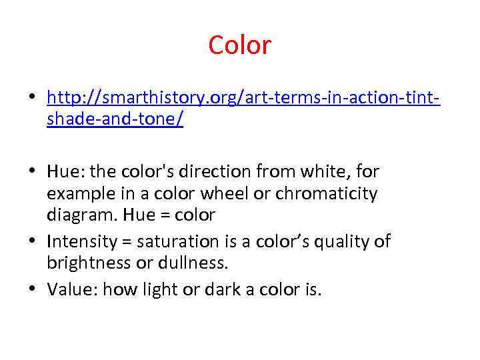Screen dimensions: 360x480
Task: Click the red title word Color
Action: click(x=239, y=45)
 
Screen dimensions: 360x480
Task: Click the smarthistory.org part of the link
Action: click(x=148, y=98)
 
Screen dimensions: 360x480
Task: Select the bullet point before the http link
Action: click(x=32, y=99)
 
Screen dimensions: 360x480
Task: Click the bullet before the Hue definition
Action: click(x=32, y=171)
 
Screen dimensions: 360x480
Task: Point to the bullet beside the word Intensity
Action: click(x=32, y=241)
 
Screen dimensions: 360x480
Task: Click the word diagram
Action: click(x=77, y=215)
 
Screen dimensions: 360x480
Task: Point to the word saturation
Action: click(x=177, y=241)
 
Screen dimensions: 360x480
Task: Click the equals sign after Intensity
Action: click(x=124, y=241)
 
